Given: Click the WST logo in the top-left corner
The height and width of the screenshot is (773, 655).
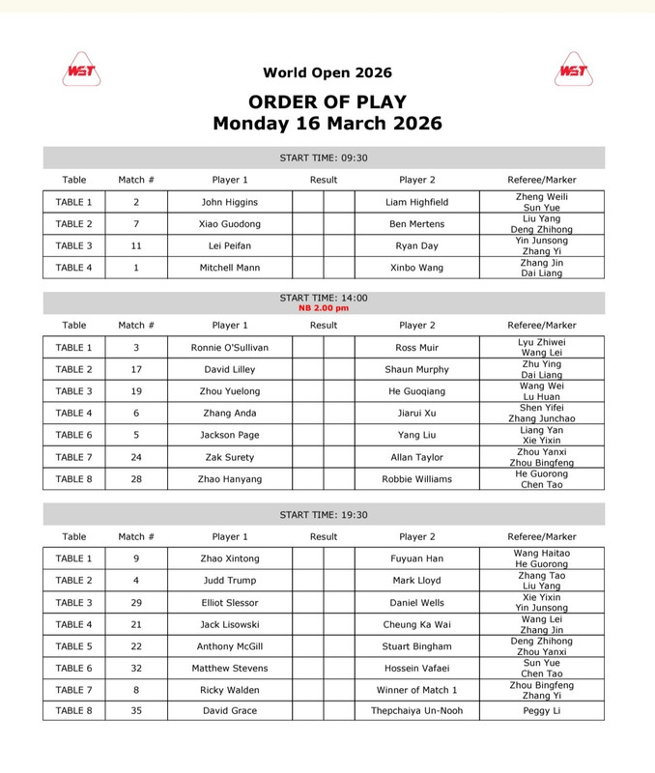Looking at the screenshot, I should (x=83, y=71).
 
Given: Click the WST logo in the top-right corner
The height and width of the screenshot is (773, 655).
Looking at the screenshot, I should (x=573, y=71).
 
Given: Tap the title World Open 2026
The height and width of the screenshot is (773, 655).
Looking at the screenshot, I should (x=327, y=73).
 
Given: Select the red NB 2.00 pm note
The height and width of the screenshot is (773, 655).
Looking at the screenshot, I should (x=324, y=308).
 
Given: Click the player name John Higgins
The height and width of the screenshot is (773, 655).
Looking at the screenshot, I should (x=230, y=202).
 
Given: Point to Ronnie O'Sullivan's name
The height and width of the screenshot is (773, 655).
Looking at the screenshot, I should (x=230, y=347).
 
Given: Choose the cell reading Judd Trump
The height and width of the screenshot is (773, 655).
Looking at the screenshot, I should (x=230, y=581).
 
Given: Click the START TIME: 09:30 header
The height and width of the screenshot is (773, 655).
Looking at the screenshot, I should (x=324, y=158).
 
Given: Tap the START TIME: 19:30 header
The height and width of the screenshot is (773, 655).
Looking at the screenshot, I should (x=324, y=515).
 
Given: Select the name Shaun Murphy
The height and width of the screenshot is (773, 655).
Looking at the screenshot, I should (x=417, y=369).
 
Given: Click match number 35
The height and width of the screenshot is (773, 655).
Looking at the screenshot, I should (x=136, y=712).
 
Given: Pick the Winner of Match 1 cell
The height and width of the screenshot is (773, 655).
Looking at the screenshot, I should (x=417, y=690).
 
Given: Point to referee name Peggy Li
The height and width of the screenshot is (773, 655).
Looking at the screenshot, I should (x=542, y=712).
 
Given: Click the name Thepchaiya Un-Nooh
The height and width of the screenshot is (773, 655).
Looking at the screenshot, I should (x=417, y=712).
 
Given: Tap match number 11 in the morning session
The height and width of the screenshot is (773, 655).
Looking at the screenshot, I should (x=136, y=245).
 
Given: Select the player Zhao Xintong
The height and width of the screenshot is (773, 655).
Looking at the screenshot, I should (x=230, y=558).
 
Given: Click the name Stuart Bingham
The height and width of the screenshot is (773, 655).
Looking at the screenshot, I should (x=417, y=646).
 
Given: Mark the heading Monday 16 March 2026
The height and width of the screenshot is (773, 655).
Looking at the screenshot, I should (x=327, y=124).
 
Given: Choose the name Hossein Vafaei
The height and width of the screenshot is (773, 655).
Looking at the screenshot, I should (x=417, y=668).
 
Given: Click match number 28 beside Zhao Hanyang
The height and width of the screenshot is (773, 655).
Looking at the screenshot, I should (x=136, y=479).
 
